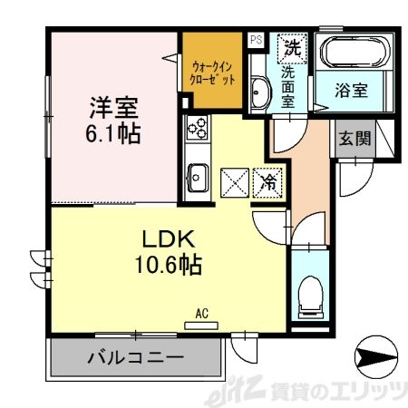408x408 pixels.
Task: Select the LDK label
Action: tap(166, 240)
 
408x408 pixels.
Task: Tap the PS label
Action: tap(256, 39)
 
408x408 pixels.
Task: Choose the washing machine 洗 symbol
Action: tap(292, 44)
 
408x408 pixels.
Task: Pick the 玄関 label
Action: tap(354, 139)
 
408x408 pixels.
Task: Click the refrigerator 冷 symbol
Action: tap(269, 181)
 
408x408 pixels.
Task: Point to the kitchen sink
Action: tap(196, 178)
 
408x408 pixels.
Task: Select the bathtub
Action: tap(353, 54)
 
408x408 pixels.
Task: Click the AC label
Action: tap(202, 315)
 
